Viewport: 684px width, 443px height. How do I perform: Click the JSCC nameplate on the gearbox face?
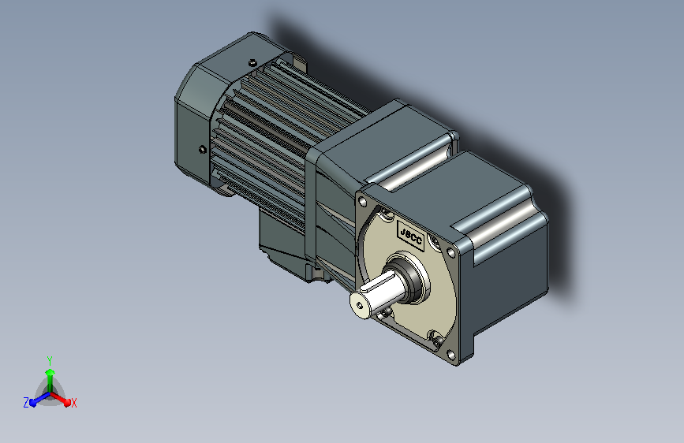(x=411, y=236)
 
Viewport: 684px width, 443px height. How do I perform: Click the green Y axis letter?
(x=50, y=361)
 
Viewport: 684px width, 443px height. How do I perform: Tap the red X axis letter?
(x=73, y=404)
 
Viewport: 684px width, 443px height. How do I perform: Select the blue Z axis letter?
(x=26, y=403)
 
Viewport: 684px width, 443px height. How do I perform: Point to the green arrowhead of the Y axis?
(x=50, y=372)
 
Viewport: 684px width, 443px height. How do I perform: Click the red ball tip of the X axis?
(x=67, y=403)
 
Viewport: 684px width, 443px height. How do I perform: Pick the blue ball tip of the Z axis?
(x=32, y=403)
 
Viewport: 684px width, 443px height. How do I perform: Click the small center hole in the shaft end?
(x=360, y=305)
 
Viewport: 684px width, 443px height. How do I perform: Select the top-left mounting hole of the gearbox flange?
(x=362, y=202)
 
